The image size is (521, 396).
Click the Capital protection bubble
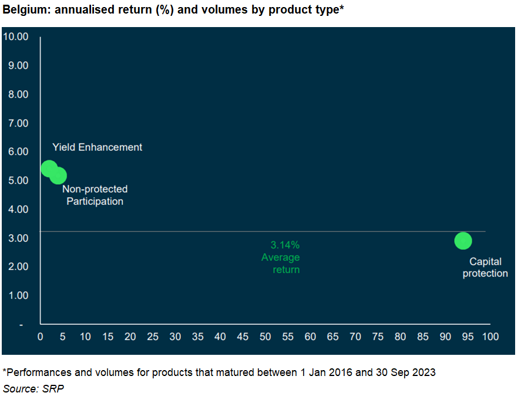pos(463,241)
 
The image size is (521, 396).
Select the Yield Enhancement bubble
pos(49,168)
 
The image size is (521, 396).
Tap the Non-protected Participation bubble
pos(59,176)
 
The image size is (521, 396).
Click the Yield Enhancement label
pos(97,147)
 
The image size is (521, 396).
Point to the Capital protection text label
pos(485,267)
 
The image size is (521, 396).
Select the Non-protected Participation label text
pos(95,195)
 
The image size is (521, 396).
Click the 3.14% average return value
pos(285,245)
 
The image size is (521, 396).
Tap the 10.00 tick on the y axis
pos(16,36)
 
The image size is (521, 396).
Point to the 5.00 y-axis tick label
pos(18,181)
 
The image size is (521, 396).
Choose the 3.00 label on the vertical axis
pos(18,238)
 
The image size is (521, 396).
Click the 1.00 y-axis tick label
pos(18,295)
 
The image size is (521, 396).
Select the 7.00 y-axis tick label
pos(18,124)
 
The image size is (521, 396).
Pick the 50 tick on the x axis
pos(265,337)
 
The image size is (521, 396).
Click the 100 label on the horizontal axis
pos(490,337)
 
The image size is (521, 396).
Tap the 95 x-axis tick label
pos(468,337)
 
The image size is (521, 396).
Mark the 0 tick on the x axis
pos(40,337)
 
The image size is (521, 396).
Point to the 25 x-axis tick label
pos(153,337)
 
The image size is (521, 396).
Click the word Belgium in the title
pos(26,9)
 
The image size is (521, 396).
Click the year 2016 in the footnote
pos(340,372)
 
